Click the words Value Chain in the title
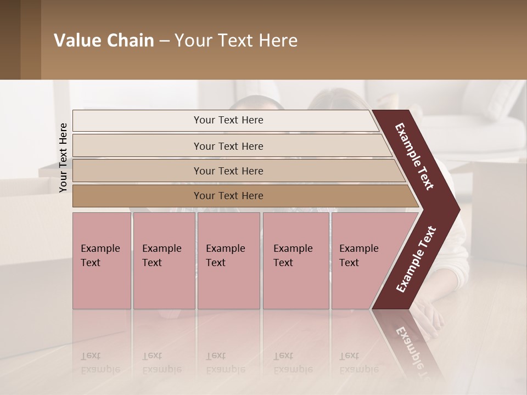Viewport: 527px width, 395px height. pos(104,41)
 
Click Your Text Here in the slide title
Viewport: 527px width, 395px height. pos(236,41)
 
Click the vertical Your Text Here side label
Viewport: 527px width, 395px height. pos(63,157)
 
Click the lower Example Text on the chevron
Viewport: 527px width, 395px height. pos(416,259)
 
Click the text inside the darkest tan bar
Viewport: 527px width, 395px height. pos(228,196)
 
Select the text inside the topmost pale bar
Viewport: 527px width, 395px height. pos(228,120)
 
